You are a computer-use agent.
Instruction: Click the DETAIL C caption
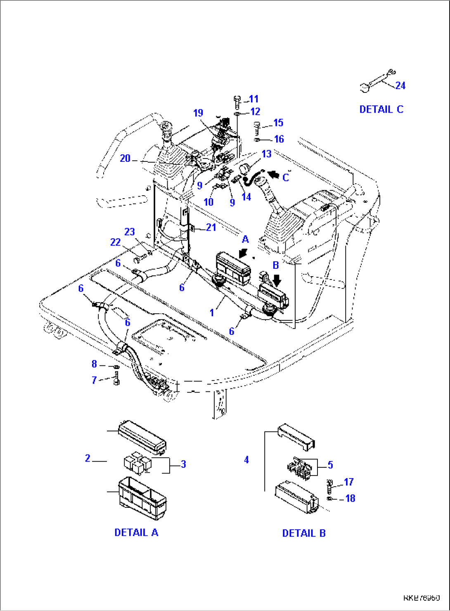pos(381,109)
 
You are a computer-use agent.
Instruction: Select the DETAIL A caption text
pos(136,533)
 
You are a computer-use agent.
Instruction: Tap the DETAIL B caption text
pos(304,533)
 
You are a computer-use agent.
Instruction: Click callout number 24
pos(400,85)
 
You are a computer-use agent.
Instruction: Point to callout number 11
pos(253,99)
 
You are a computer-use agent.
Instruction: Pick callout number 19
pos(198,113)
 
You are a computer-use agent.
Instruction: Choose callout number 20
pos(125,159)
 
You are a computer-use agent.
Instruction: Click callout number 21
pos(211,227)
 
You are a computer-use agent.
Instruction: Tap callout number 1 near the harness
pos(212,313)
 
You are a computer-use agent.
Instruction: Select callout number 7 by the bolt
pos(94,380)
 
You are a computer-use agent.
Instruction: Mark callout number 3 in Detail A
pos(183,464)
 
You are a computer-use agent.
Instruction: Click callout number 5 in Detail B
pos(330,465)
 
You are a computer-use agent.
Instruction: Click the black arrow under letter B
pos(277,280)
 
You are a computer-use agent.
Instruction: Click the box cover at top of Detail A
pos(142,437)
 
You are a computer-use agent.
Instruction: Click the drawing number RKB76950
pos(421,597)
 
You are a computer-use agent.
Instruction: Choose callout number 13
pos(266,154)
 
